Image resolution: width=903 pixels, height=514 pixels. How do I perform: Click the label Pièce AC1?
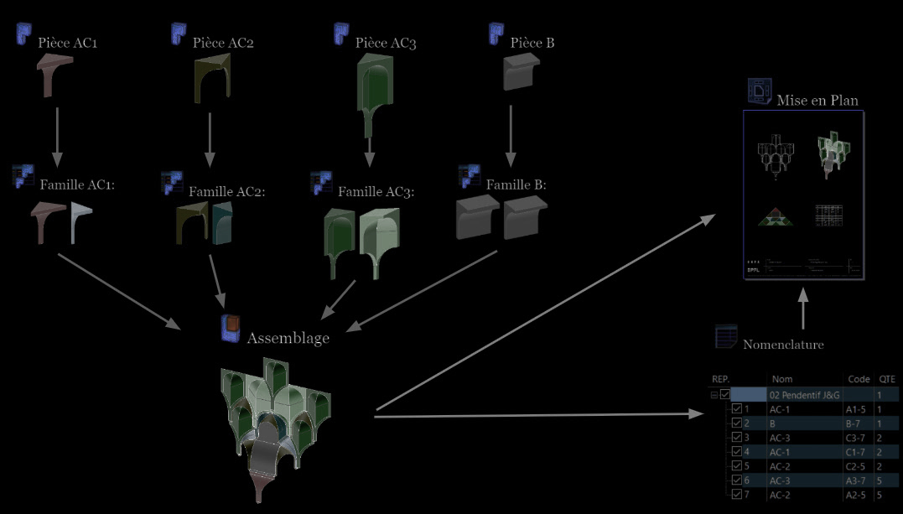click(x=68, y=43)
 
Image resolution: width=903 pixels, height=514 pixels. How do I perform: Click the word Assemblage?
click(x=288, y=338)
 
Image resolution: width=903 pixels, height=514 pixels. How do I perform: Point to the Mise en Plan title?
click(x=817, y=100)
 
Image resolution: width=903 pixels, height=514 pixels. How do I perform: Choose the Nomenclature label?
click(x=783, y=344)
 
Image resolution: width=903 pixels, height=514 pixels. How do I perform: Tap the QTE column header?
click(x=886, y=379)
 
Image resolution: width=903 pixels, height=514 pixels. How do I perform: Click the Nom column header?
click(x=781, y=379)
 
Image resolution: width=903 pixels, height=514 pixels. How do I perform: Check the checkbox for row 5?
click(x=737, y=465)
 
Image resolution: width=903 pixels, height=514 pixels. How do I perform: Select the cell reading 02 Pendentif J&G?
click(x=803, y=394)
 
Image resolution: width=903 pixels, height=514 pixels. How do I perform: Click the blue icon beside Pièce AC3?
click(x=341, y=34)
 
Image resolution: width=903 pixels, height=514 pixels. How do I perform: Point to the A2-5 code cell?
click(x=855, y=494)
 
